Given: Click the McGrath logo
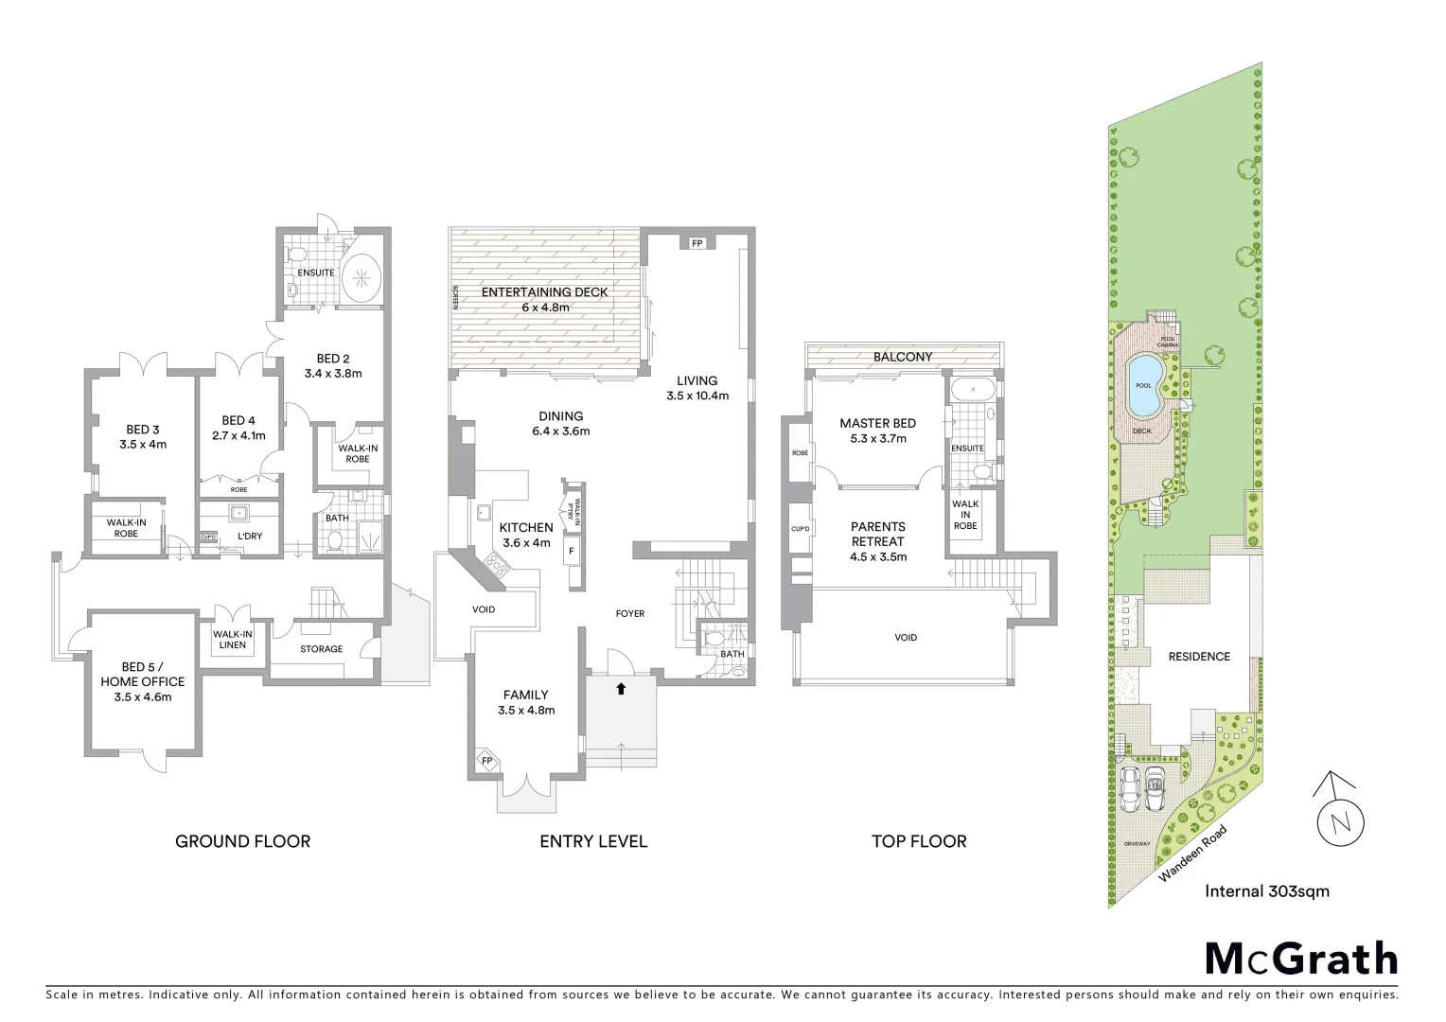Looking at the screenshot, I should [x=1300, y=959].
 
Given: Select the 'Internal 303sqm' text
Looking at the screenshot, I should [x=1266, y=890].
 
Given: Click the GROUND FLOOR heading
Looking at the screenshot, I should [x=242, y=841].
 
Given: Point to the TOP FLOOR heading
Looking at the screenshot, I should [x=918, y=841].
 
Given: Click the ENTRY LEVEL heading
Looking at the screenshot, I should [x=592, y=841].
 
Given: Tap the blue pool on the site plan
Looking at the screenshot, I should [x=1145, y=385].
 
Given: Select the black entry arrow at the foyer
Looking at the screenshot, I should [x=621, y=688].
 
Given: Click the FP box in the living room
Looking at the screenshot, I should [x=697, y=243].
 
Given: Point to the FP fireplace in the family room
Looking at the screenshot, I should [x=487, y=761].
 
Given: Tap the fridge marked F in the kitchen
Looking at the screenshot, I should [x=572, y=551].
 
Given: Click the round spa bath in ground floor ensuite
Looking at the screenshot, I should [x=361, y=277].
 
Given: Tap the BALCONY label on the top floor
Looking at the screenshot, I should [x=902, y=357].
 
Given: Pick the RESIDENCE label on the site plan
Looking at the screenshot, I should [x=1198, y=656].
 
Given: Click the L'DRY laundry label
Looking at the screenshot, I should [x=250, y=536].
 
